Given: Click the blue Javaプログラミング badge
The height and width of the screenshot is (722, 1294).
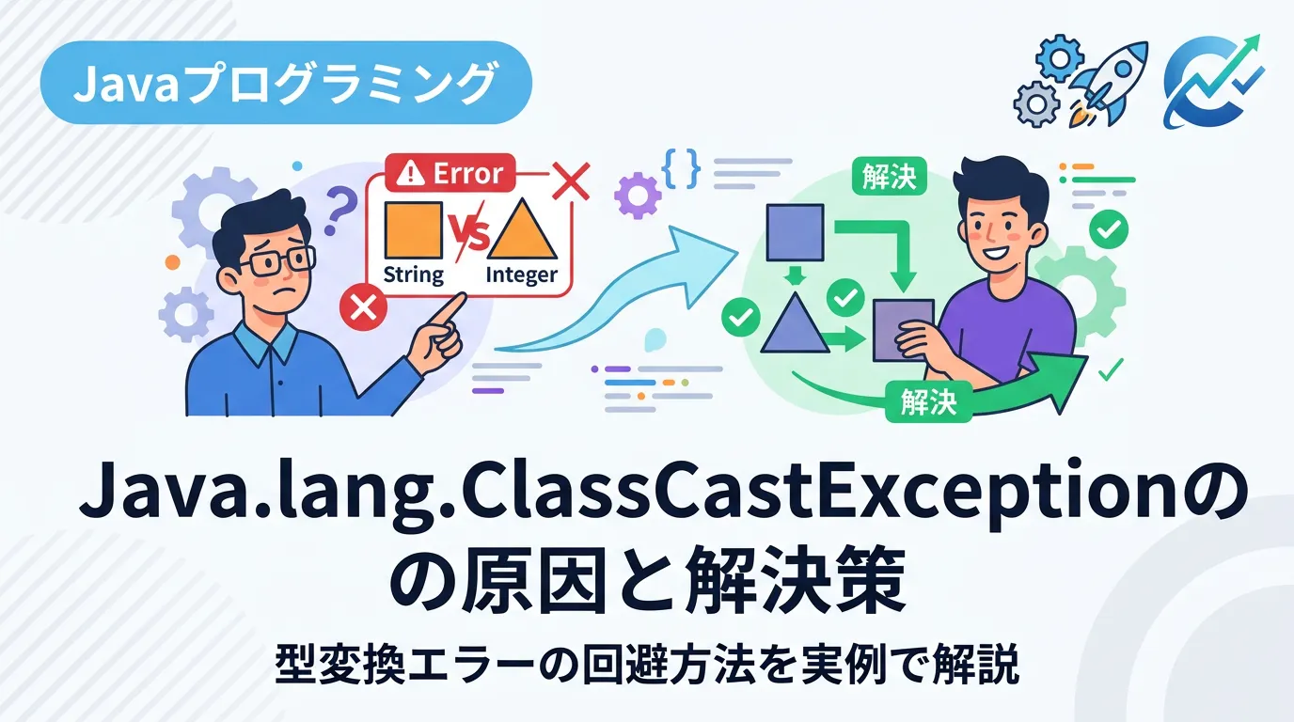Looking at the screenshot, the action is [x=285, y=83].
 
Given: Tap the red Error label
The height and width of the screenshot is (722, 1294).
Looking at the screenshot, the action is [x=450, y=173].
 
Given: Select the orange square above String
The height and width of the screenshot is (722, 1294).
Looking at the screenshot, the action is [x=413, y=230].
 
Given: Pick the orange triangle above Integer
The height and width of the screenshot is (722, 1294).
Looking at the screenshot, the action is [x=522, y=228].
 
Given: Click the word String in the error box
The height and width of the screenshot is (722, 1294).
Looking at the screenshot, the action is [x=414, y=275].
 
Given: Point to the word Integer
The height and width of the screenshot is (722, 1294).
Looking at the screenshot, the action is [x=522, y=275].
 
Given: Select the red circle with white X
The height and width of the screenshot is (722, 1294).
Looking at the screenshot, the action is [x=363, y=309].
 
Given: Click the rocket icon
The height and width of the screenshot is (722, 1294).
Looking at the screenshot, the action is [x=1106, y=84].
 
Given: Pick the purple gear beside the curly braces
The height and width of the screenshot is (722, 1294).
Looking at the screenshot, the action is [x=638, y=196].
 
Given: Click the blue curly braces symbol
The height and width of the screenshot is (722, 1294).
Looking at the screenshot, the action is [x=682, y=168].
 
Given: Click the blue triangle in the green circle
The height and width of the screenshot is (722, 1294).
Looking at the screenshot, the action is [x=795, y=326].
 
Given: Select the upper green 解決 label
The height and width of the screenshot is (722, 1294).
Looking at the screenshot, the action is [x=889, y=176].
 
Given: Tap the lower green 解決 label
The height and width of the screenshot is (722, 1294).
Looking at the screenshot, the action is [x=928, y=401].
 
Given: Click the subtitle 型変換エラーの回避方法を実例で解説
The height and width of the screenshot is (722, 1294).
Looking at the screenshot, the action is [x=646, y=666].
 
